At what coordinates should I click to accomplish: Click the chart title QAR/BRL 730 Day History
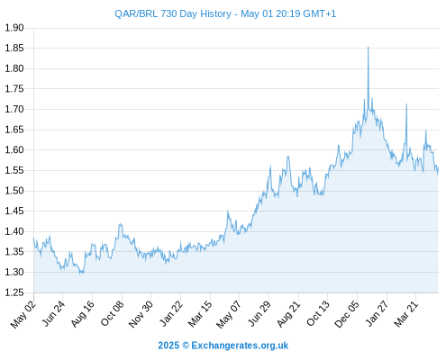click(173, 13)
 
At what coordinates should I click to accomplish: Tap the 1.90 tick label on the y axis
click(14, 28)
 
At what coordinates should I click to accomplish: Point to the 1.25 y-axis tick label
click(14, 292)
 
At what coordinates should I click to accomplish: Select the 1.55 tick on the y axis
click(14, 170)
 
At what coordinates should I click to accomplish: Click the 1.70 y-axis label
click(14, 109)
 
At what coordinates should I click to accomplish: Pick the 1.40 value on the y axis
click(14, 231)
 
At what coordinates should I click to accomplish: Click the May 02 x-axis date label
click(23, 314)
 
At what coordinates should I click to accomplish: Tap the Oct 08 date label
click(113, 313)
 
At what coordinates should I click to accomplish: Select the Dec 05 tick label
click(347, 314)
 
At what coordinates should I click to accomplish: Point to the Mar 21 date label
click(406, 313)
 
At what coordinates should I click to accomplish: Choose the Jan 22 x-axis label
click(171, 313)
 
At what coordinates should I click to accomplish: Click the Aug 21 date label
click(288, 314)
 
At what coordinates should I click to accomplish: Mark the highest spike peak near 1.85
click(369, 47)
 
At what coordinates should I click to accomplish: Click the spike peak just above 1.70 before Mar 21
click(406, 104)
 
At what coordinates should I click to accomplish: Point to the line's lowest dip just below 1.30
click(80, 274)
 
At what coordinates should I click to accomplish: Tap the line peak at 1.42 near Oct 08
click(121, 224)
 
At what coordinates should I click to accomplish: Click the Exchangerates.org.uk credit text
click(240, 346)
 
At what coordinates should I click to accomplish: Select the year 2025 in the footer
click(168, 346)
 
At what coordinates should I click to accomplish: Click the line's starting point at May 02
click(33, 238)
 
